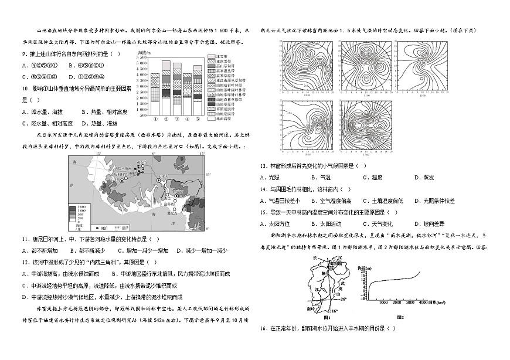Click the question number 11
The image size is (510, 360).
click(25, 239)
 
